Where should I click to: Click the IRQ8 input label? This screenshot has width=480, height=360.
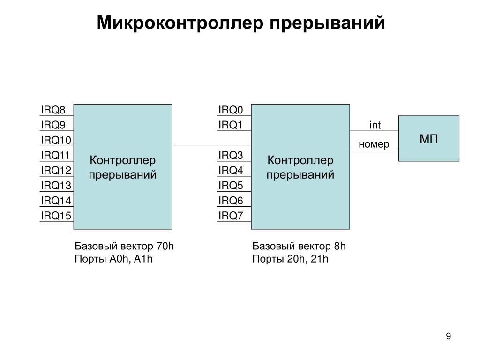[x=53, y=110]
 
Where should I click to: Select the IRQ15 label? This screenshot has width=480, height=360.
[x=56, y=216]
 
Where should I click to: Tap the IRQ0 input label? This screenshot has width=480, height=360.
[x=231, y=110]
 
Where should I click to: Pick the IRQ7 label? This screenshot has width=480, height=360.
[x=231, y=216]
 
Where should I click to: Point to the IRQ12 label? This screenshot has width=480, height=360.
[x=56, y=170]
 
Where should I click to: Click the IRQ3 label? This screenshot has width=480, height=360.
[x=231, y=155]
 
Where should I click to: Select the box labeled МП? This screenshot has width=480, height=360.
[x=428, y=138]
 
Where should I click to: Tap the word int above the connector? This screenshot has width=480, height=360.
[x=375, y=125]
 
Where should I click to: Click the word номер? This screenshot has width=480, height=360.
[x=374, y=144]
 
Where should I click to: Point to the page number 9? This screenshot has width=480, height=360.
[x=449, y=337]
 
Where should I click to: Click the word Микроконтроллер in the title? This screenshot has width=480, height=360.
[x=180, y=23]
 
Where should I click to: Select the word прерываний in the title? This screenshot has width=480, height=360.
[x=327, y=23]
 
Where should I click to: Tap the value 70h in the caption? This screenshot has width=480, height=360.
[x=165, y=246]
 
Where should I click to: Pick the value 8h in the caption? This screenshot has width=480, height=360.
[x=340, y=246]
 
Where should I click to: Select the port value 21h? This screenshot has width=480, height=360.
[x=320, y=259]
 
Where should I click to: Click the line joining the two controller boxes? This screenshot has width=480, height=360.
[x=212, y=146]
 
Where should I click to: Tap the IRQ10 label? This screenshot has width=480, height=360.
[x=56, y=140]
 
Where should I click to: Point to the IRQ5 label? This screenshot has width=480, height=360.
[x=231, y=186]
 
